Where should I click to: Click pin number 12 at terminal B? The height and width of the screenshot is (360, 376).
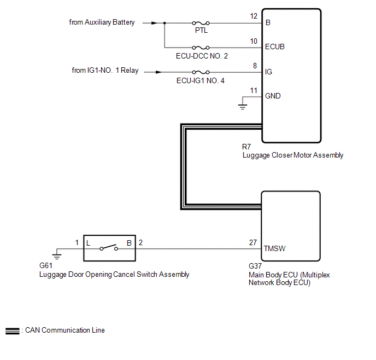pos(253,16)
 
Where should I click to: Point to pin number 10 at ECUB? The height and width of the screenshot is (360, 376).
pos(253,41)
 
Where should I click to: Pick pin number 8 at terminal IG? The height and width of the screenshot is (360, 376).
pos(255,66)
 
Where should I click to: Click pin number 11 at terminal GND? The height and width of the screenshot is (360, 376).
pos(253,90)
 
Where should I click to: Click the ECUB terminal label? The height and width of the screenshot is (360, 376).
pos(274,47)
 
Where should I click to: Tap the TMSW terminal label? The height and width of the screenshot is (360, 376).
pos(275,248)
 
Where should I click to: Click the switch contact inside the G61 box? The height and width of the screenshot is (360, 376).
pos(108,248)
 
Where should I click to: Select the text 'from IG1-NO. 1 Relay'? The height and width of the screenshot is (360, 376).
pos(105,71)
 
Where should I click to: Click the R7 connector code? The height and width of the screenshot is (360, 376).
pos(247,147)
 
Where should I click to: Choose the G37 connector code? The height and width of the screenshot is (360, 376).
pos(255,268)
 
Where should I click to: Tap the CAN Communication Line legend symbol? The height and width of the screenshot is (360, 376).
pos(12,331)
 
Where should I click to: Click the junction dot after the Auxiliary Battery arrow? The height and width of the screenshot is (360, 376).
pos(165,23)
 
